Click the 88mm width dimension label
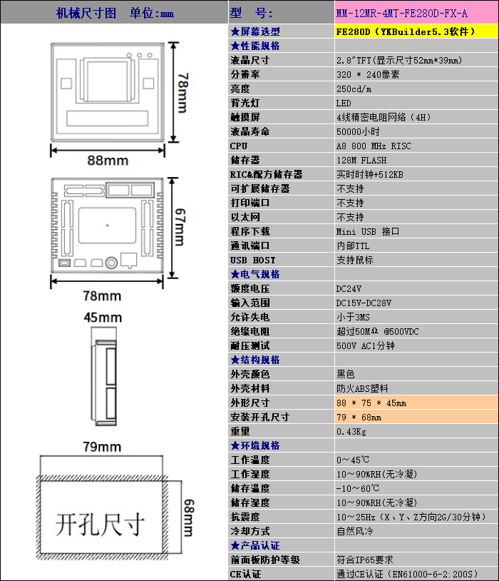click(108, 161)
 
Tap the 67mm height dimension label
click(180, 227)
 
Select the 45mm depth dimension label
click(103, 318)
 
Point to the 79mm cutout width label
click(102, 447)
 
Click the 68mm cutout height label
click(188, 518)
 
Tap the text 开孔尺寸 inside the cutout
click(100, 524)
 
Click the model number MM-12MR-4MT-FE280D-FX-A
click(401, 14)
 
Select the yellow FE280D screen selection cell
click(416, 31)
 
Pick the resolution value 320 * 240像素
click(368, 74)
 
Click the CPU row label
click(239, 146)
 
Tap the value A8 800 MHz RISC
click(374, 146)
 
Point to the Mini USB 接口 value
click(368, 231)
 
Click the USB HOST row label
click(253, 260)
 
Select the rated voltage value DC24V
click(349, 288)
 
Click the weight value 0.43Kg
click(351, 431)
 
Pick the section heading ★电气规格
click(255, 274)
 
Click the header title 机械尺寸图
click(86, 13)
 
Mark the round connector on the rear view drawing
click(111, 263)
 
